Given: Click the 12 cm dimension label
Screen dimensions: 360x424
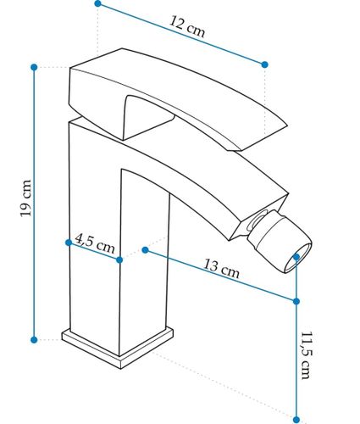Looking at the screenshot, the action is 187,26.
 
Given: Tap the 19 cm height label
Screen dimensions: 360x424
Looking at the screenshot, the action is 25,198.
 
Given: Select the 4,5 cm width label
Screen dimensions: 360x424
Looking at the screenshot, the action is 95,244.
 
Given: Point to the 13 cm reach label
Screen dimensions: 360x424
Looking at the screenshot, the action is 221,268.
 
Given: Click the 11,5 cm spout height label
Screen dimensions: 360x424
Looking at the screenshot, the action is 306,355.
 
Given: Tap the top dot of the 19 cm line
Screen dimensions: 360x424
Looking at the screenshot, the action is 34,67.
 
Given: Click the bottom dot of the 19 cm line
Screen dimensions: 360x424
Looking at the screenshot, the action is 34,340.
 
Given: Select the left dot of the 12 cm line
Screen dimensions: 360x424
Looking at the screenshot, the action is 97,3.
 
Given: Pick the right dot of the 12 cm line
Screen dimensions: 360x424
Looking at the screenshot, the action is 264,64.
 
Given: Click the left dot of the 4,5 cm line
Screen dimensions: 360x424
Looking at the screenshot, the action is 69,243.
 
